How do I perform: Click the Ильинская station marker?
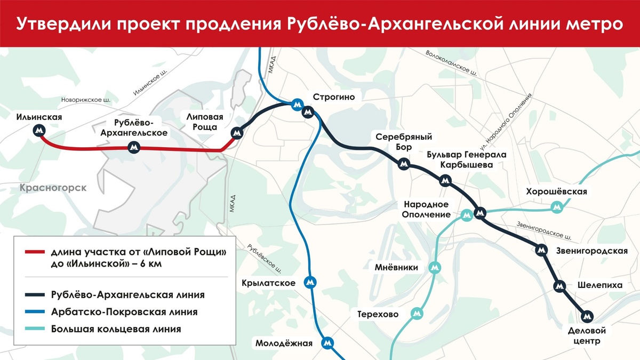tap(39, 130)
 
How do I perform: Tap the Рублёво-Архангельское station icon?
tap(134, 147)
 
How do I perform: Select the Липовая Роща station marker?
tap(236, 133)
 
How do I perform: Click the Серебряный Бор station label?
tap(404, 141)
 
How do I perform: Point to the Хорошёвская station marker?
tap(557, 206)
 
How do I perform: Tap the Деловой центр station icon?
tap(587, 316)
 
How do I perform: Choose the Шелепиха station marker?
tap(559, 286)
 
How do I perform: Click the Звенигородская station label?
tap(591, 250)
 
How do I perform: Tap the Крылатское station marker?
tap(309, 282)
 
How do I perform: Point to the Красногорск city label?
tap(52, 188)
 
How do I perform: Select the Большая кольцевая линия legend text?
tap(116, 329)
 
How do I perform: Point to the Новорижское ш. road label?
tap(86, 100)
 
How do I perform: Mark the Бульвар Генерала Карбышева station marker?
tap(445, 181)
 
